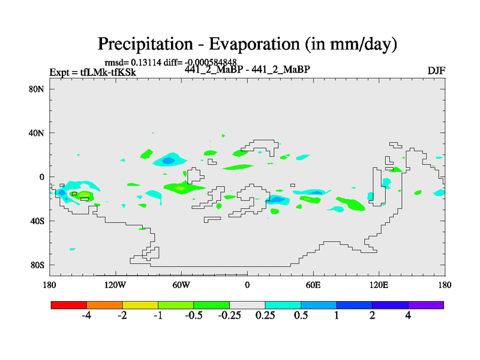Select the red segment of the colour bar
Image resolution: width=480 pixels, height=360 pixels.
point(69,305)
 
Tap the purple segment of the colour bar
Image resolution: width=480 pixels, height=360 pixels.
point(426,305)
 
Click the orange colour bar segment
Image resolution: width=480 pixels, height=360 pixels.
point(104,305)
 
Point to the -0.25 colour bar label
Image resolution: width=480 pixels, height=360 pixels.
point(229,316)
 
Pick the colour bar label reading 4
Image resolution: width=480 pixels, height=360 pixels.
point(408,316)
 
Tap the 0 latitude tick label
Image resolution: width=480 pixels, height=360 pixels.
point(43,177)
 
